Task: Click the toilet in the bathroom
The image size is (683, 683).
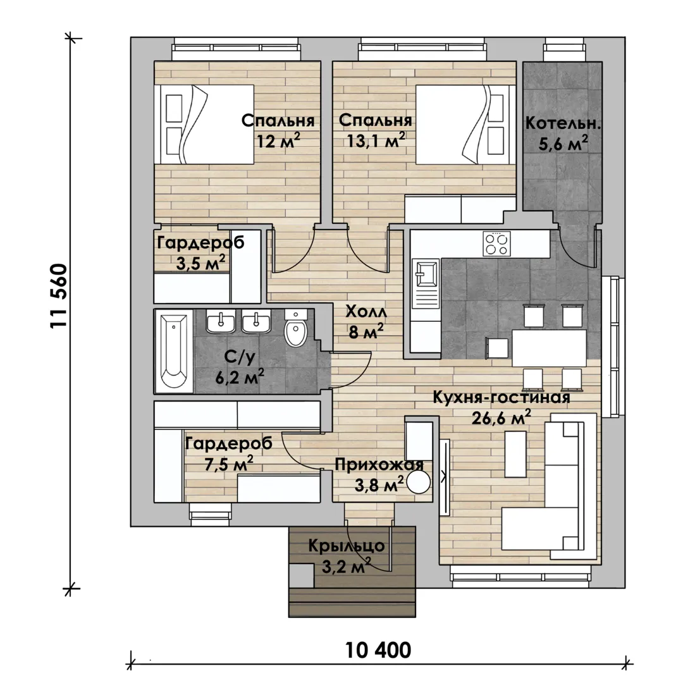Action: pos(296,328)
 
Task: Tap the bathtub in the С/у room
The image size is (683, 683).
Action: pos(174,350)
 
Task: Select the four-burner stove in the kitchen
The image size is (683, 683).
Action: pos(496,243)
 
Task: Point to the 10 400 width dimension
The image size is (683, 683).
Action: pos(378,650)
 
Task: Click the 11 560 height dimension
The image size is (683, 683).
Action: pos(59,296)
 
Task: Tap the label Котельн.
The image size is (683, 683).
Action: pos(563,123)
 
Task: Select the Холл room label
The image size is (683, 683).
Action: pos(366,312)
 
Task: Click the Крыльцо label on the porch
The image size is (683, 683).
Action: pos(347,546)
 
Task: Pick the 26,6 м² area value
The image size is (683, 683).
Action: pos(501,417)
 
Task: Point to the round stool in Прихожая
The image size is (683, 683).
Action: pos(418,482)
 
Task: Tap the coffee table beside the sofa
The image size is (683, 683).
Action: pos(515,454)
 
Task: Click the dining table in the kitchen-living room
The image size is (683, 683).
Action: pos(550,348)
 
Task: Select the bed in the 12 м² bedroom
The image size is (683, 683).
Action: pos(204,125)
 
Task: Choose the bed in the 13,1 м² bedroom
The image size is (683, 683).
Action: pos(465,125)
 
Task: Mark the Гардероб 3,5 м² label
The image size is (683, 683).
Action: pos(200,252)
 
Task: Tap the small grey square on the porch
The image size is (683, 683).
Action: pos(302,575)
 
